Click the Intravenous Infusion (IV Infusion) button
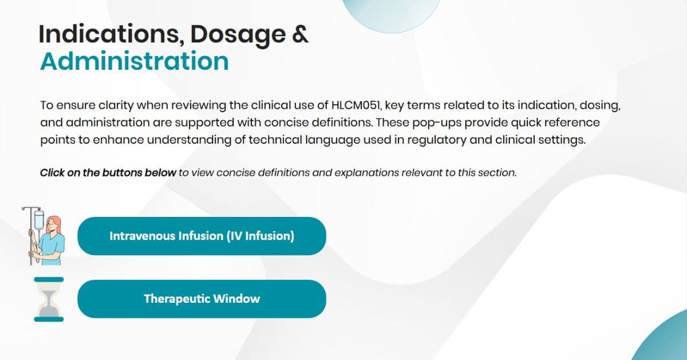[x=202, y=236]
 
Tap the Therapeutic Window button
[x=202, y=299]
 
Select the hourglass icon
[x=49, y=299]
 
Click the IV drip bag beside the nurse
[x=39, y=220]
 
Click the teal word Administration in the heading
[x=134, y=61]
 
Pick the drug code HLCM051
[x=356, y=106]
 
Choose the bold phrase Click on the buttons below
[x=108, y=172]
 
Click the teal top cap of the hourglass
[x=49, y=280]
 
